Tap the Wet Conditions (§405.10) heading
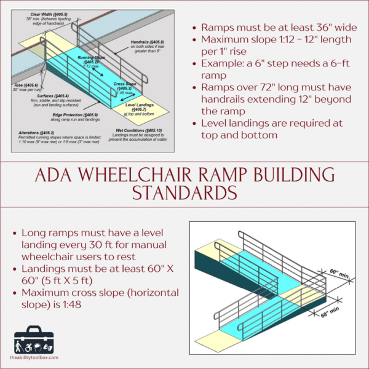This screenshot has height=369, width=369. click(138, 130)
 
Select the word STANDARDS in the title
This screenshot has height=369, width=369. click(184, 193)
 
